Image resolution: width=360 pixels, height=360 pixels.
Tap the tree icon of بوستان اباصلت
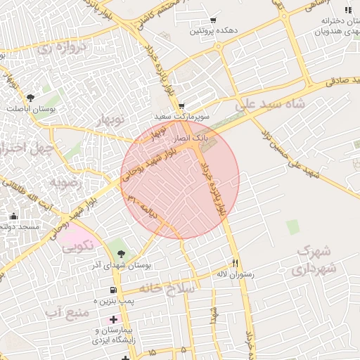click(30, 98)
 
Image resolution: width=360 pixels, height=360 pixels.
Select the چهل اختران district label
click(21, 148)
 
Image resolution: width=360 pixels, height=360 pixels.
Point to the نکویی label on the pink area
click(77, 246)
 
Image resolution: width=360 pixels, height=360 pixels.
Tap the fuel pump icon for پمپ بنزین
click(112, 290)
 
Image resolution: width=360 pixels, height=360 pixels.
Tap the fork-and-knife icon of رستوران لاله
click(236, 260)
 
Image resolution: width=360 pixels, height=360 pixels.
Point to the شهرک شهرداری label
click(314, 259)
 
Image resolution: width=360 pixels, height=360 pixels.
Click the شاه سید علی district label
click(274, 104)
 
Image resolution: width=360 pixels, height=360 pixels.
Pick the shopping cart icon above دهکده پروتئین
click(212, 21)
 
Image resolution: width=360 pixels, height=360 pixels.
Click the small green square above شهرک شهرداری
click(292, 226)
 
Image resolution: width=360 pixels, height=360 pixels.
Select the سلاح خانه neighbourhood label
click(169, 288)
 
